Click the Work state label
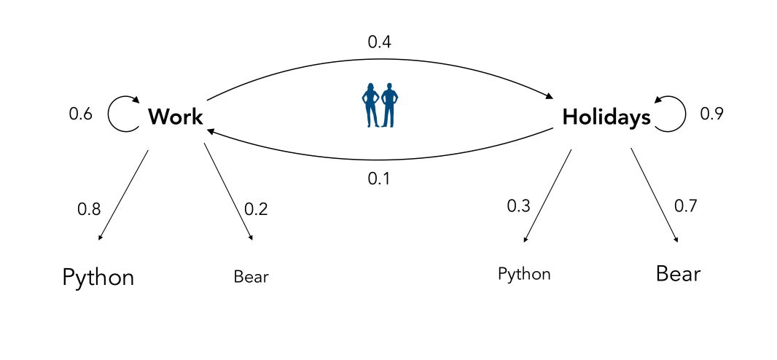point(175,117)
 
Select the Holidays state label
point(606,117)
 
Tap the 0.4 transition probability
point(379,42)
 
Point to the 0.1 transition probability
point(379,179)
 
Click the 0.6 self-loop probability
point(80,114)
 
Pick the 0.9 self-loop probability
point(711,114)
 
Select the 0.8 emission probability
point(89,210)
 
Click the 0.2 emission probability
point(256,210)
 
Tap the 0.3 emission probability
point(518,206)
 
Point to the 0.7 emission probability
point(685,206)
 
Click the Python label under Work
point(98,278)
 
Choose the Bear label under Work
point(251,277)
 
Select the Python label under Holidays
point(524,275)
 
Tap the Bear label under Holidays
point(678,274)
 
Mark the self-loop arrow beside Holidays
point(671,114)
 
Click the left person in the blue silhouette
point(371,105)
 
